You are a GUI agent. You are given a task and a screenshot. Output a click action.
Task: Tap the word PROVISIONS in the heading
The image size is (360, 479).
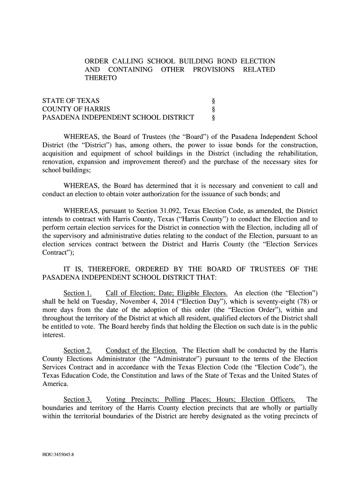click(x=209, y=70)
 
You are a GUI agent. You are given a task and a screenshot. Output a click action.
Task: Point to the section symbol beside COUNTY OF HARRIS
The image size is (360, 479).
click(x=214, y=109)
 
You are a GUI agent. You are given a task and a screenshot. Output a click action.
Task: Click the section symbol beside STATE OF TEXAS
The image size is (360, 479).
click(x=214, y=101)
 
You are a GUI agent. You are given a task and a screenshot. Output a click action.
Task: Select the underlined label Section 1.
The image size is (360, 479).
click(x=77, y=293)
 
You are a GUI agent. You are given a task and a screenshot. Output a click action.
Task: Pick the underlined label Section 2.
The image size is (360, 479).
click(x=77, y=350)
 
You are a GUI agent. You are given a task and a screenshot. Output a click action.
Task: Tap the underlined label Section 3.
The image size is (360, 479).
click(x=77, y=399)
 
